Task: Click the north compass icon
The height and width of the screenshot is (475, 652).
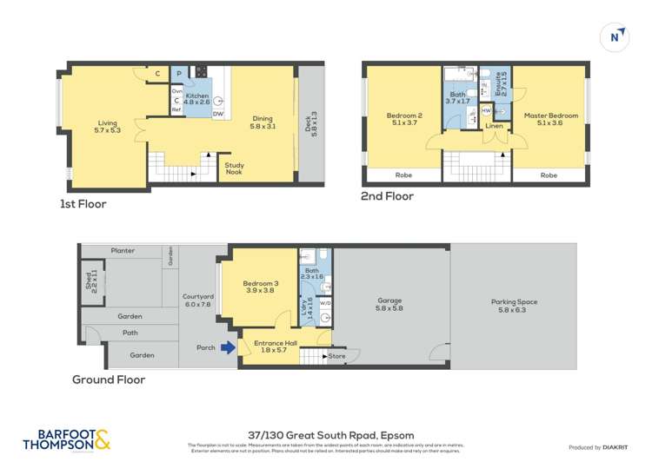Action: pos(615,36)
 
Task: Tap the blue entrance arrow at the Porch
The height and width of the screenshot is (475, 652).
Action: pos(228,348)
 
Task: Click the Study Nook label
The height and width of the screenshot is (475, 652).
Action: pos(234,168)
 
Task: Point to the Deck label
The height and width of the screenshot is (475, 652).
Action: pos(310,122)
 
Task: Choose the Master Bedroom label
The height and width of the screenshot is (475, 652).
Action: pos(550,119)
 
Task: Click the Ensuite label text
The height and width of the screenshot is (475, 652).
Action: pos(500,84)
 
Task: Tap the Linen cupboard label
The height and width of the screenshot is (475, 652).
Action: pos(494,127)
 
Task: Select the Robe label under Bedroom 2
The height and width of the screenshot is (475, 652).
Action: pos(403,175)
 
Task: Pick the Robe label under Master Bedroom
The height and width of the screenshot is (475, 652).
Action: pos(549,175)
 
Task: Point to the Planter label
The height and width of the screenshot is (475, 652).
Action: pos(123,251)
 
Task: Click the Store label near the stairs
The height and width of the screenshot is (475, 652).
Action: pos(336,355)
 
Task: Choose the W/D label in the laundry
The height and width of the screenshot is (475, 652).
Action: pos(325,304)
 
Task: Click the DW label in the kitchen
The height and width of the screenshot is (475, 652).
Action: pos(218,114)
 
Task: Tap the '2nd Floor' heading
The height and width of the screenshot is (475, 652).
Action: pos(387,196)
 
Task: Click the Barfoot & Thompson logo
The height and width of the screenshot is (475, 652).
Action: pos(67,439)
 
